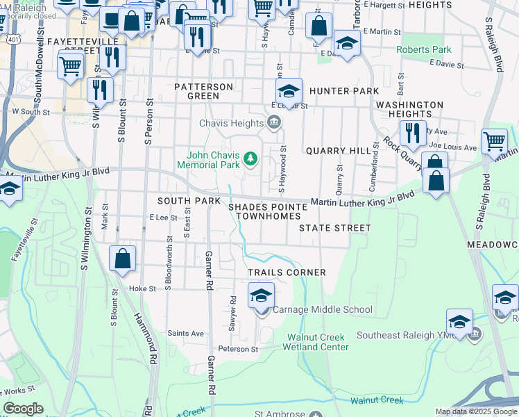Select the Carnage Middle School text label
pyautogui.click(x=323, y=310)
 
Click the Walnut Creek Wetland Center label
pyautogui.click(x=318, y=342)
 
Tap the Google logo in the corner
pyautogui.click(x=24, y=409)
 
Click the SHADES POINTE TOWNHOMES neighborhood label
pyautogui.click(x=268, y=211)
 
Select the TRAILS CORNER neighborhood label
pyautogui.click(x=287, y=272)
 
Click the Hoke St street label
pyautogui.click(x=142, y=288)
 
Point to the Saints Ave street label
pyautogui.click(x=185, y=334)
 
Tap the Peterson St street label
pyautogui.click(x=238, y=349)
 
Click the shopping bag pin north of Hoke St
pyautogui.click(x=122, y=260)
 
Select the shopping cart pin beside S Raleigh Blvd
pyautogui.click(x=493, y=142)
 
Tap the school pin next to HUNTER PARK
pyautogui.click(x=289, y=91)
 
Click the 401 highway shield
pyautogui.click(x=14, y=40)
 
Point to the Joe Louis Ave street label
pyautogui.click(x=453, y=147)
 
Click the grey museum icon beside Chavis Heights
pyautogui.click(x=273, y=123)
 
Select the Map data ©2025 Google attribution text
pyautogui.click(x=475, y=411)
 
